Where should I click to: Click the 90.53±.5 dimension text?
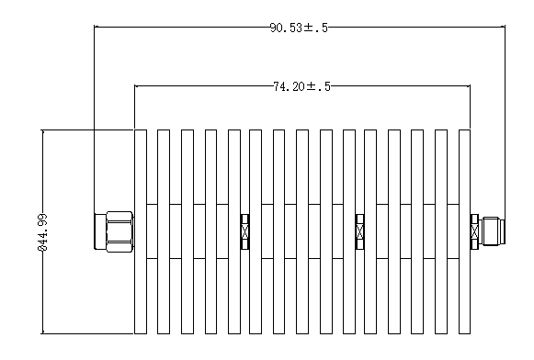tap(299, 28)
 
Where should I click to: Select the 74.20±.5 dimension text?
tap(301, 86)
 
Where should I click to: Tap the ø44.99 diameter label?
tap(43, 232)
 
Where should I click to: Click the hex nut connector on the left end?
tap(114, 231)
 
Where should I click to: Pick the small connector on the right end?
tap(492, 231)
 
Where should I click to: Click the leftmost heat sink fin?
tap(141, 231)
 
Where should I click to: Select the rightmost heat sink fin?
tap(464, 231)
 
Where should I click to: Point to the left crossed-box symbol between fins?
tap(244, 231)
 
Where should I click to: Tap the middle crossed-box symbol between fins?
tap(359, 231)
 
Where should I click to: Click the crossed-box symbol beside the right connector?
tap(474, 231)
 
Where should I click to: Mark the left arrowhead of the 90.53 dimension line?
tap(97, 27)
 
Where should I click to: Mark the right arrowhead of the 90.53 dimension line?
tap(503, 27)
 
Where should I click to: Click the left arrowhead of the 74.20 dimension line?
tap(137, 85)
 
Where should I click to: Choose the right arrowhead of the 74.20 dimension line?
tap(468, 85)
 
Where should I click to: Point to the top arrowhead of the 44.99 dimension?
tap(42, 132)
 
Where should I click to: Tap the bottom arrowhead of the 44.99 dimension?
tap(42, 332)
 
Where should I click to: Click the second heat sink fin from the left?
tap(164, 231)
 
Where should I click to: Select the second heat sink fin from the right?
tap(441, 231)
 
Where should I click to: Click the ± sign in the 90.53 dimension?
tap(308, 28)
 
